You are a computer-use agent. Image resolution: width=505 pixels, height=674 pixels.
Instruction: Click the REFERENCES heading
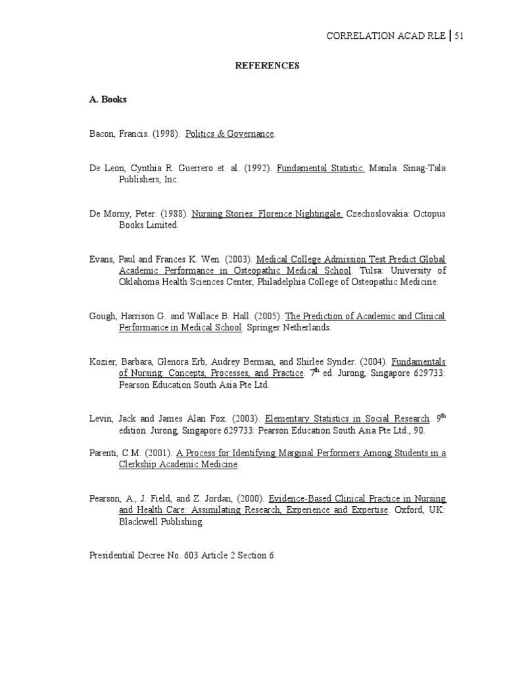point(267,66)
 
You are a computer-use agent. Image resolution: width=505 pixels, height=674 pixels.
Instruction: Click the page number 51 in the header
point(458,36)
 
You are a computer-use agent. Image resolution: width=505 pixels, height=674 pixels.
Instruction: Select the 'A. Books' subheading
point(108,99)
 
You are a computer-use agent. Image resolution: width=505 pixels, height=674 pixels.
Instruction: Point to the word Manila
point(384,168)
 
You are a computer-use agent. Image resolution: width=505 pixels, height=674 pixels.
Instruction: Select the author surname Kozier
point(103,361)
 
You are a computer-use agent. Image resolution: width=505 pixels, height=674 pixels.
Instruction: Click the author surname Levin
point(101,419)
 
